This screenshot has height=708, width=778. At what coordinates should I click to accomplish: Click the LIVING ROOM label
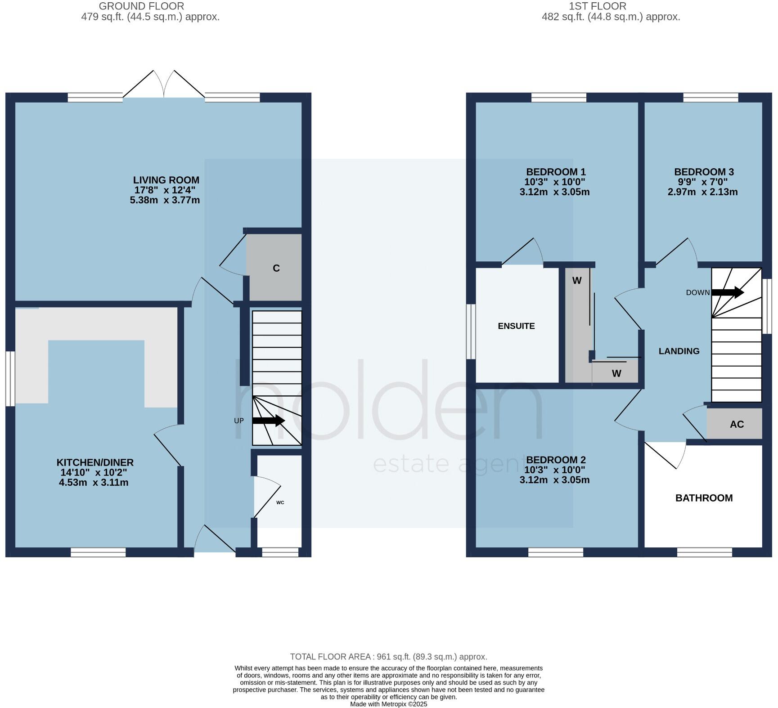click(x=166, y=180)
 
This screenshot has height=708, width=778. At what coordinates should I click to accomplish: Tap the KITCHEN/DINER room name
click(x=95, y=462)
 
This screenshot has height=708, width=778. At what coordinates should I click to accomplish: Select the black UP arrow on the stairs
click(x=268, y=421)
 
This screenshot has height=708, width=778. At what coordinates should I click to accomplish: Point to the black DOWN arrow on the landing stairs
click(x=727, y=292)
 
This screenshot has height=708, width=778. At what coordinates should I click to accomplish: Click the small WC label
click(x=280, y=502)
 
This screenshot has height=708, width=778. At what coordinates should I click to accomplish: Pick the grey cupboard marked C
click(x=276, y=268)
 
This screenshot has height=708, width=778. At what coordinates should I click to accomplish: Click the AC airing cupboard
click(x=737, y=424)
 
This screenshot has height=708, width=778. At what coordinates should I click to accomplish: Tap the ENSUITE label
click(x=516, y=326)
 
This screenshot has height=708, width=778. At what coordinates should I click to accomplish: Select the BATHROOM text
click(x=704, y=498)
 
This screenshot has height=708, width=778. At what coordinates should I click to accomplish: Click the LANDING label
click(x=679, y=351)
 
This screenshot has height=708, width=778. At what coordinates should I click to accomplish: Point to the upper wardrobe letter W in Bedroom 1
click(x=577, y=281)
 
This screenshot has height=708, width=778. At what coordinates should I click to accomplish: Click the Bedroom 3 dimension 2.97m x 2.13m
click(x=702, y=192)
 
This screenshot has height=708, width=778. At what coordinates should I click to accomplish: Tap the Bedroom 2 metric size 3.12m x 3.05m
click(x=554, y=480)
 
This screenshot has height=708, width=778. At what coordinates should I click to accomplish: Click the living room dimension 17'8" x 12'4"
click(x=166, y=190)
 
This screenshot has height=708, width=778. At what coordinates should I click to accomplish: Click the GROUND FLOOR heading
click(x=141, y=6)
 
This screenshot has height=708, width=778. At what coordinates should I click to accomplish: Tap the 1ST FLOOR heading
click(x=597, y=6)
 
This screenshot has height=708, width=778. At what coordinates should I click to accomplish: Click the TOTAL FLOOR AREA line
click(x=388, y=657)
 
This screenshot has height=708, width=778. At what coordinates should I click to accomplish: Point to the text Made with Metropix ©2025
click(x=388, y=704)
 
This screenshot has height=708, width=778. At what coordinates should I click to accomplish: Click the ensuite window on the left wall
click(x=471, y=332)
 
